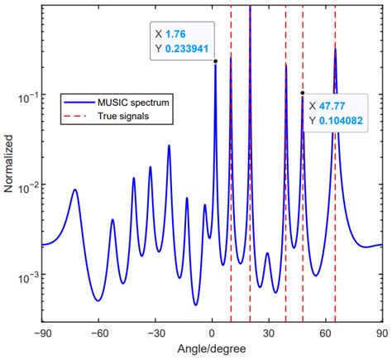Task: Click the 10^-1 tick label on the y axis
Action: pyautogui.click(x=26, y=97)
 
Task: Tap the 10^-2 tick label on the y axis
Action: pyautogui.click(x=26, y=186)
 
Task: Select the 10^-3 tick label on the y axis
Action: pyautogui.click(x=26, y=275)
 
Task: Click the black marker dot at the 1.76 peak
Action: pyautogui.click(x=215, y=61)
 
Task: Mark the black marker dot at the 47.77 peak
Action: pyautogui.click(x=302, y=93)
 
